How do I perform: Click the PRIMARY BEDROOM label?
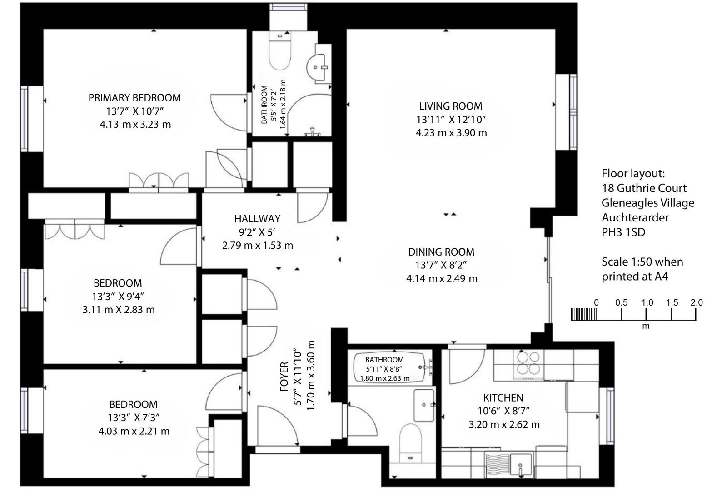pos(134,98)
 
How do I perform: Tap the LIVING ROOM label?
pos(450,106)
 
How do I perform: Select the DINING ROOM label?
pos(441,252)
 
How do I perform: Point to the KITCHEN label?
pos(503,398)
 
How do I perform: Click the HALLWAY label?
pos(257,219)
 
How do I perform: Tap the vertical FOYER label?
pos(284,377)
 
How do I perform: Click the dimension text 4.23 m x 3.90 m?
pos(451,133)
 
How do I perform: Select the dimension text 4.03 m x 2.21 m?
pos(134,431)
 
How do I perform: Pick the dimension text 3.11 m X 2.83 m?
pos(119,310)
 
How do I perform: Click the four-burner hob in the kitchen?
pos(528,363)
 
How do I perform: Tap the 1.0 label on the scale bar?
pos(647,303)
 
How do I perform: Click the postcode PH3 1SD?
pos(623,232)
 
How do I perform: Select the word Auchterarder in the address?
pos(635,217)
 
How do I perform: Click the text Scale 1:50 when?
pos(642,262)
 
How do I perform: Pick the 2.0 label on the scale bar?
pos(697,303)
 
